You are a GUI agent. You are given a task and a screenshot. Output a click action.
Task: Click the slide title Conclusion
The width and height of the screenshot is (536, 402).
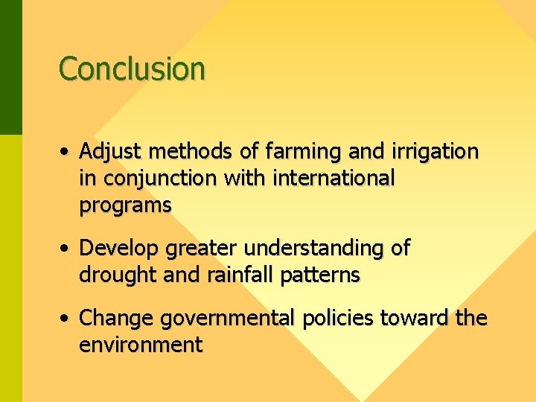coord(132,68)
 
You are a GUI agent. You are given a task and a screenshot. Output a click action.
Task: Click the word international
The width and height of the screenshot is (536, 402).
coord(333,179)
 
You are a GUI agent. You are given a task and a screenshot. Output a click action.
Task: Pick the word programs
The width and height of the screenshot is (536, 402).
coord(125,205)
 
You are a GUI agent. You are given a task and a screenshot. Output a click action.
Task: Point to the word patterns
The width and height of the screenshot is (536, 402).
coord(320,275)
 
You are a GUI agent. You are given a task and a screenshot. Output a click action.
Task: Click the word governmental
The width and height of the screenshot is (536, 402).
coord(228,319)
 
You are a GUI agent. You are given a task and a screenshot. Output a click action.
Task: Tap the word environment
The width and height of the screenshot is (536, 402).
coord(141,345)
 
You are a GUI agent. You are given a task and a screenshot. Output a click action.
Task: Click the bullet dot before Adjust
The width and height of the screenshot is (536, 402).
coord(66,153)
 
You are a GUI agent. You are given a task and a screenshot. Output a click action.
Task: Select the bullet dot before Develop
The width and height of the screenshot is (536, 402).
coord(66,249)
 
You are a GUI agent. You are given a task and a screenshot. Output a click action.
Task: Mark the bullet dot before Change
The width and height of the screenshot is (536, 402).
coord(66,319)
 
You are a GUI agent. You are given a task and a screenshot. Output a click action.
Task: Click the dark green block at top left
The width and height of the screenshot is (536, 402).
coord(10,67)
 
